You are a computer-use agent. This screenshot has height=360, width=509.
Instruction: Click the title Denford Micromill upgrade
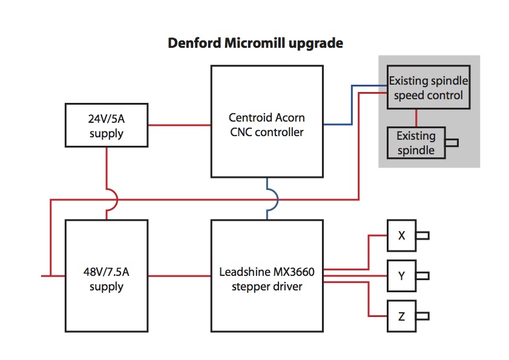pos(255,44)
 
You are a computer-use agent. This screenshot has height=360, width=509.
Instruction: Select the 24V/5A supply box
pos(107,125)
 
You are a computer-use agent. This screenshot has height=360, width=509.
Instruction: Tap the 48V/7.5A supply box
pos(107,276)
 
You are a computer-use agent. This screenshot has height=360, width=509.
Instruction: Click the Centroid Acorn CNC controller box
pos(266,121)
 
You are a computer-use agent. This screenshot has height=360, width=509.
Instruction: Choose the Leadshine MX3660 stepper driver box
pos(266,276)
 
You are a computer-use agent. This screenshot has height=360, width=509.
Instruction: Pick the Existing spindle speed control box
pos(429,87)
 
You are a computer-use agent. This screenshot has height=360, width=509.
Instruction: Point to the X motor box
pos(401,235)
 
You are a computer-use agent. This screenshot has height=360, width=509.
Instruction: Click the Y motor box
pos(401,276)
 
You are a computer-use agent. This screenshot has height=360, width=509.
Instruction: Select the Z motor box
pos(401,316)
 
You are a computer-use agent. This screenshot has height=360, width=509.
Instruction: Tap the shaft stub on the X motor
pos(422,235)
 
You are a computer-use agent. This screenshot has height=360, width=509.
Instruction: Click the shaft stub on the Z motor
pos(422,316)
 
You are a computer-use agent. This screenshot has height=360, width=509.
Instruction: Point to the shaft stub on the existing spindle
pos(452,143)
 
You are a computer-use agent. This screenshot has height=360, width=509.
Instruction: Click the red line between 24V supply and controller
pos(179,125)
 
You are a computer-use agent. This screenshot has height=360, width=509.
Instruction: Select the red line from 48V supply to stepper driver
pos(179,276)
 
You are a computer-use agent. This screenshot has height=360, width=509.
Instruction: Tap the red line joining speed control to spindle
pos(416,118)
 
